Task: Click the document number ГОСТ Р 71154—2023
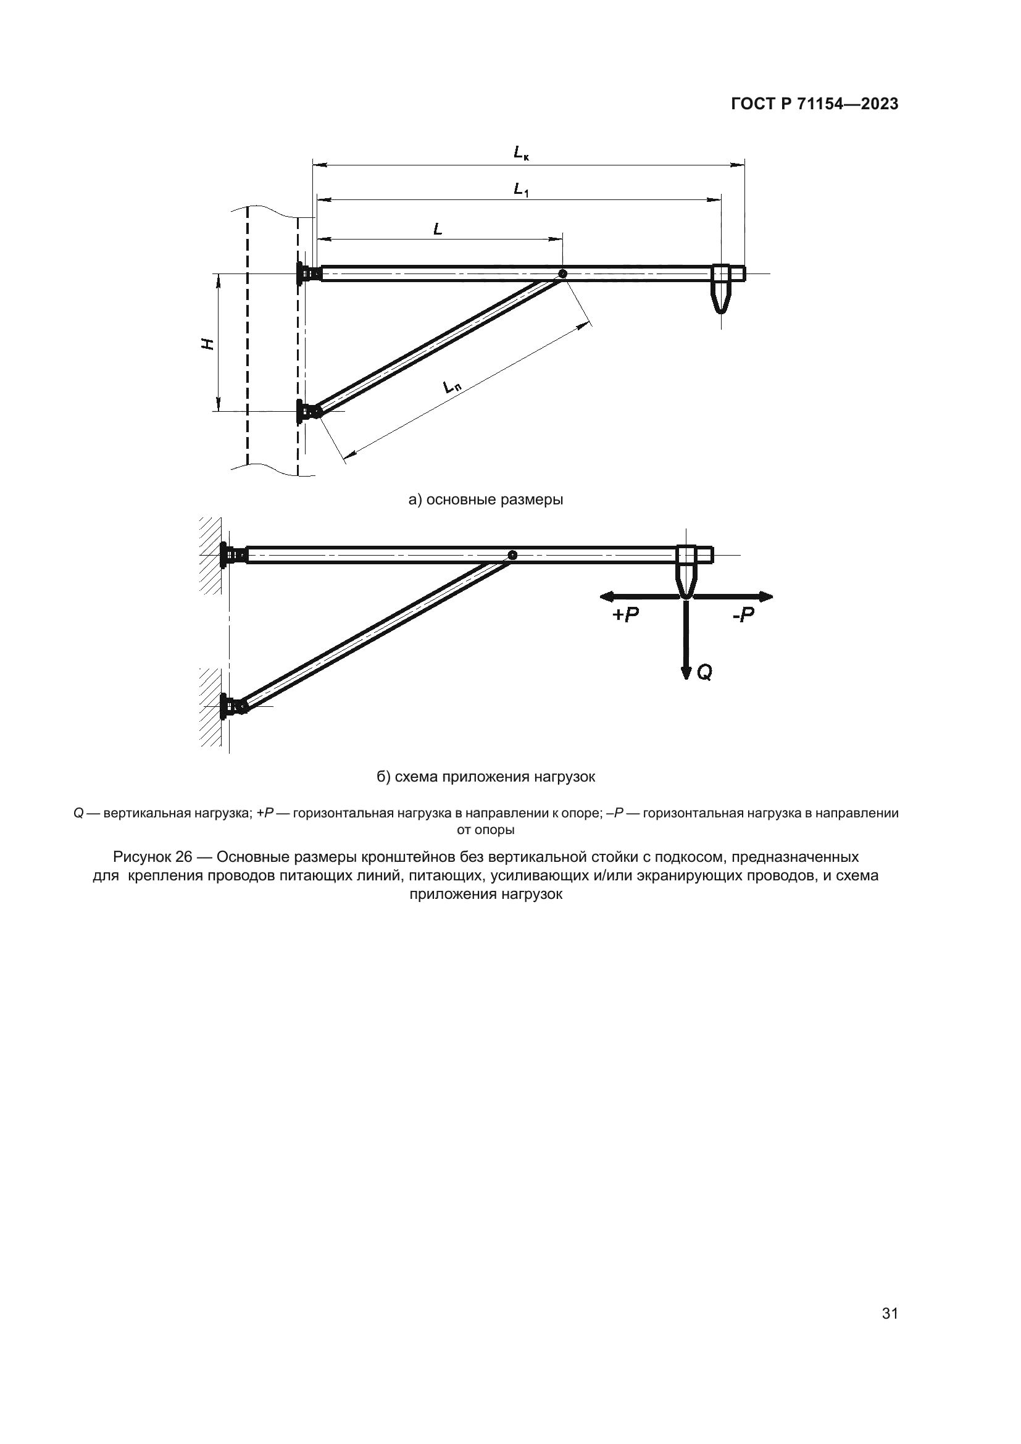tap(814, 104)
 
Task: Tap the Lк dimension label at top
tap(520, 152)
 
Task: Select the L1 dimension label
tap(520, 188)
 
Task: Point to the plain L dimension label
tap(438, 230)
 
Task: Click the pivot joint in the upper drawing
tap(562, 273)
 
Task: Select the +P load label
tap(625, 615)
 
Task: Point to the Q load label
tap(704, 673)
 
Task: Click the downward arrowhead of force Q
tap(685, 673)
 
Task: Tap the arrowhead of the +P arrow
tap(605, 596)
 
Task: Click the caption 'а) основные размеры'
tap(485, 500)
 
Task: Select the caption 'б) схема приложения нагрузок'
tap(485, 777)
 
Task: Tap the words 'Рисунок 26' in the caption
tap(152, 858)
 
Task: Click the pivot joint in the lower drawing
tap(512, 555)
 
